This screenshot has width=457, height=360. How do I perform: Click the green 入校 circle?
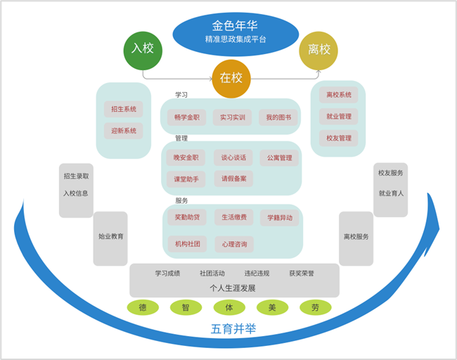143,50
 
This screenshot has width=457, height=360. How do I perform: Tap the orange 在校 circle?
231,78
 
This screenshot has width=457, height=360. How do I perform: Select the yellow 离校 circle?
318,51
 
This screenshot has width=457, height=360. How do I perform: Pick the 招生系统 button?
124,109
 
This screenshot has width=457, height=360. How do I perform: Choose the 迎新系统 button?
124,131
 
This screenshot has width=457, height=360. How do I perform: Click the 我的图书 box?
278,117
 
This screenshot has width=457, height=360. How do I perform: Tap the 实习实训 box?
233,117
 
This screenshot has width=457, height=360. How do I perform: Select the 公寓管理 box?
279,157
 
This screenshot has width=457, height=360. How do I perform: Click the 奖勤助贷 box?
187,217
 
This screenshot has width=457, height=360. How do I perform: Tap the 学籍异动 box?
279,218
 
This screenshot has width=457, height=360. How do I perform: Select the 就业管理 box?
338,117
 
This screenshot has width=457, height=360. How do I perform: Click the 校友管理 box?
338,139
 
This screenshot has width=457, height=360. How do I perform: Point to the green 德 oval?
143,307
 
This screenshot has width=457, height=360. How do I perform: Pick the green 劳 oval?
316,307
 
